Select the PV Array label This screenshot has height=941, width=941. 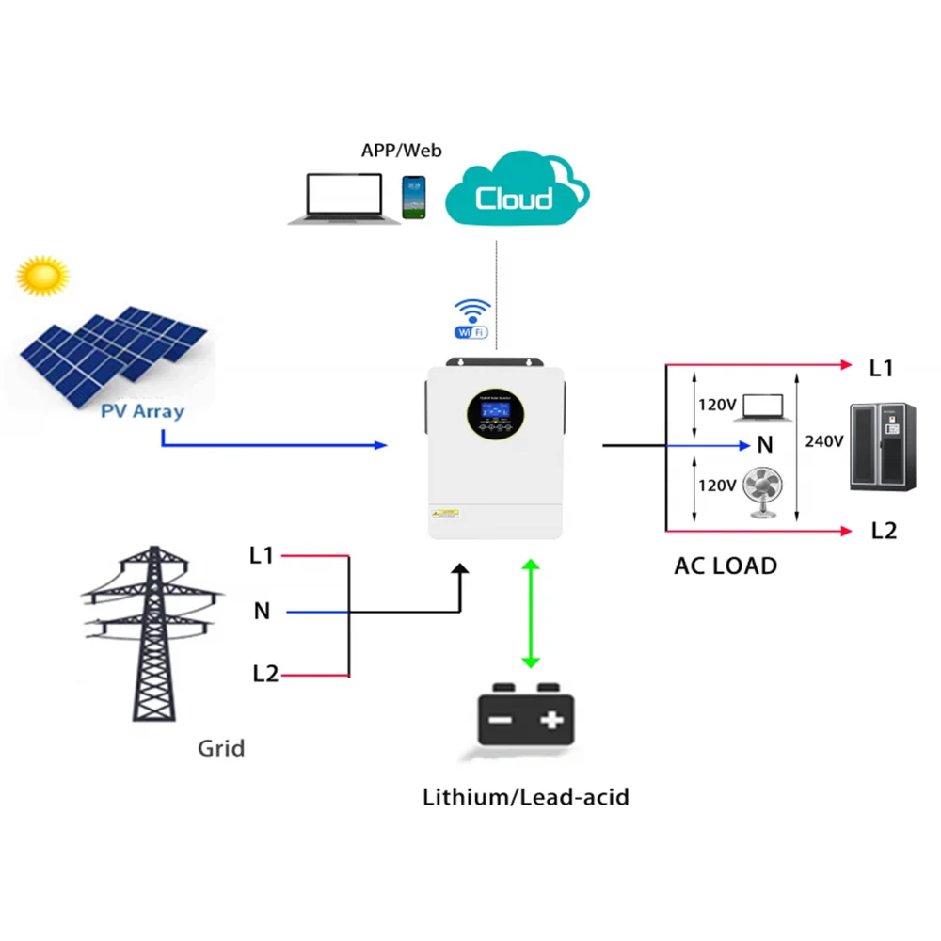coord(144,410)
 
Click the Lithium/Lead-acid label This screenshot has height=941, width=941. coord(525,798)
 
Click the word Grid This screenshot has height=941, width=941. coord(221,749)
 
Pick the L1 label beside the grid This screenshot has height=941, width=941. coord(262,555)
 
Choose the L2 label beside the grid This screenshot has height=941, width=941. coord(264,674)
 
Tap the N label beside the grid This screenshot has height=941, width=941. coord(262,612)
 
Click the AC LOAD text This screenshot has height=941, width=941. coord(726,566)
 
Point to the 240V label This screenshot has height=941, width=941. coord(824,440)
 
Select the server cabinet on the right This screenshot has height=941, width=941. coord(882,446)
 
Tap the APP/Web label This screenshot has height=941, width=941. coord(401,150)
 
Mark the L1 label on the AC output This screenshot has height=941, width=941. coord(881,368)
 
